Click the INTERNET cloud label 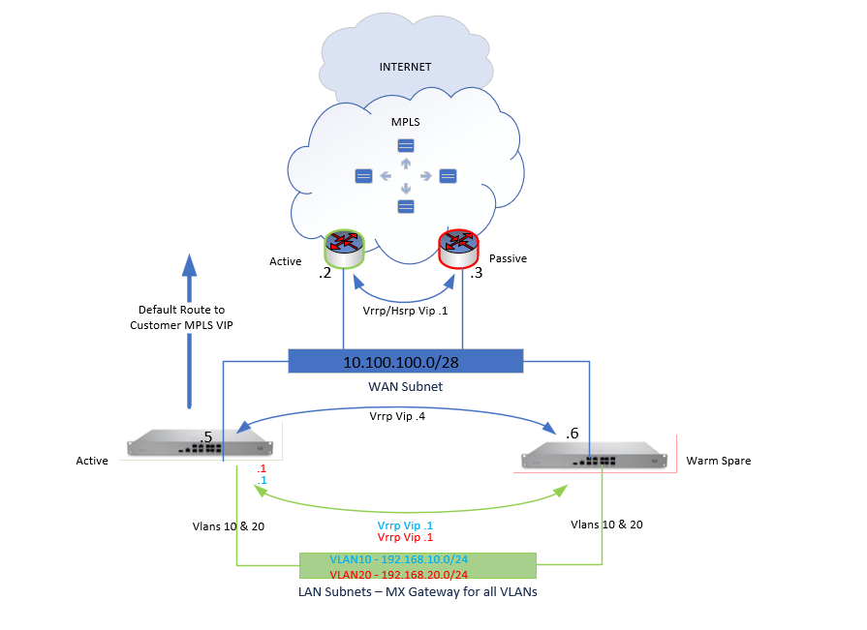point(406,67)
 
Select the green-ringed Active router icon point(342,248)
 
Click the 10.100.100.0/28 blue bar point(406,362)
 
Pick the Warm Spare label point(718,461)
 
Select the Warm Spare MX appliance point(594,456)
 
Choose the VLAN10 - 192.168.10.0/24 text point(398,559)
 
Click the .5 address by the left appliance point(204,437)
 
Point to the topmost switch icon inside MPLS point(405,145)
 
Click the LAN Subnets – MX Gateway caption point(418,591)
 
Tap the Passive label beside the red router point(508,259)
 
